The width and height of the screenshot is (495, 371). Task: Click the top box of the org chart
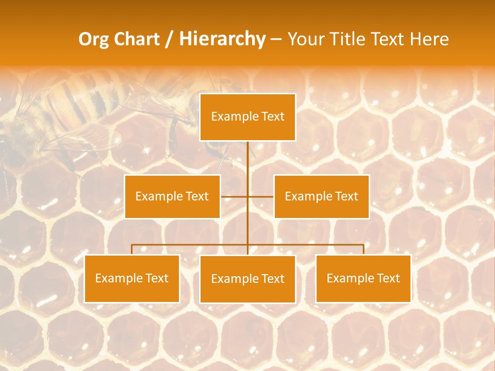[x=247, y=117]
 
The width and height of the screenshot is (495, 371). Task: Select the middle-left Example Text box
[x=172, y=196]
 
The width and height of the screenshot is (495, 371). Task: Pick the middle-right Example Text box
[x=321, y=196]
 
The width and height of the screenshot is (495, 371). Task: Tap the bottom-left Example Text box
[x=131, y=278]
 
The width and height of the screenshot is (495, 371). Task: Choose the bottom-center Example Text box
[x=247, y=279]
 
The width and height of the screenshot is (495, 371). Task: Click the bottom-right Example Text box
[x=363, y=278]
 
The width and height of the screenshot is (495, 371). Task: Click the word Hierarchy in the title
[x=222, y=39]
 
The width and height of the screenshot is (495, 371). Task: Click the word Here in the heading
[x=430, y=39]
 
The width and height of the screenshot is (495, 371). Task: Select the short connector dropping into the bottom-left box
[x=132, y=249]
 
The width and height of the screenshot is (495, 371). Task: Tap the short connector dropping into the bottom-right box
[x=364, y=249]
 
